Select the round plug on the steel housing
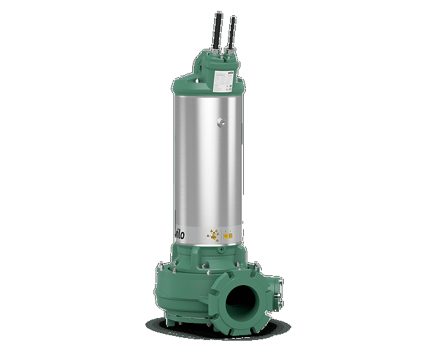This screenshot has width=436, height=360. pyautogui.click(x=220, y=122)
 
